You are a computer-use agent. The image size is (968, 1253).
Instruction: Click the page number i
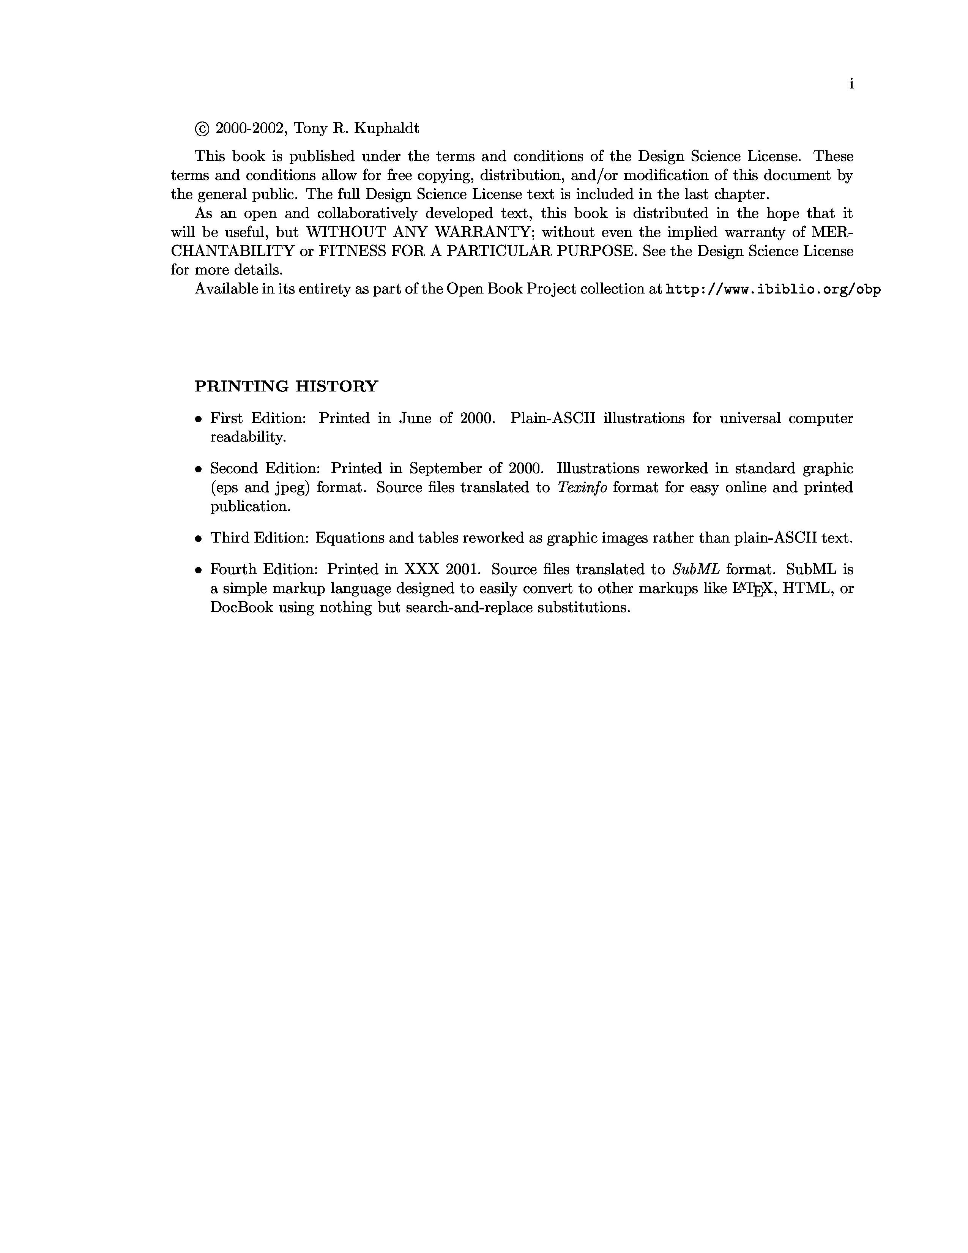[851, 84]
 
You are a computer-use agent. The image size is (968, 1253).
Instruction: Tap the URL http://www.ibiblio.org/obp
[773, 289]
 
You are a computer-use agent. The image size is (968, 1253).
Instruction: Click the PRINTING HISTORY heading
[286, 386]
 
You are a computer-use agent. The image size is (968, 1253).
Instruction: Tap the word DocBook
[241, 608]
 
